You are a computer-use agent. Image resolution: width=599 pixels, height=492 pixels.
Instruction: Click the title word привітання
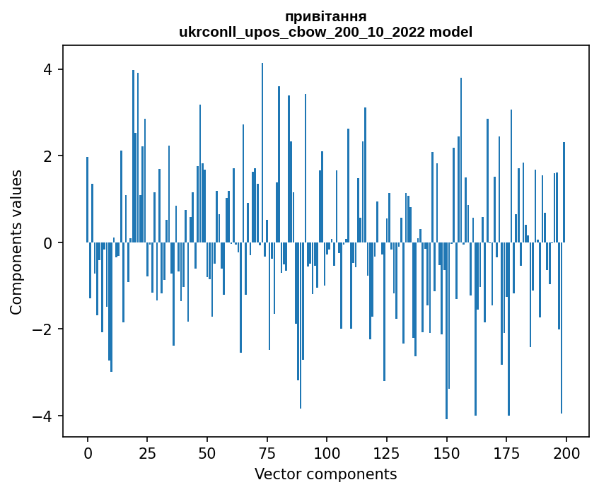(325, 16)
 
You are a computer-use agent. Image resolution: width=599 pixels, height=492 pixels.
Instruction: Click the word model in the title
(455, 33)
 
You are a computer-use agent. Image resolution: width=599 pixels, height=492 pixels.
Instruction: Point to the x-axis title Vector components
(325, 474)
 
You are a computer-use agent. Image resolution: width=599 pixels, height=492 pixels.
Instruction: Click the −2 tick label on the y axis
(42, 329)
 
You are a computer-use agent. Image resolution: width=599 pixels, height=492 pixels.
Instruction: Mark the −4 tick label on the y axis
(42, 416)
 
